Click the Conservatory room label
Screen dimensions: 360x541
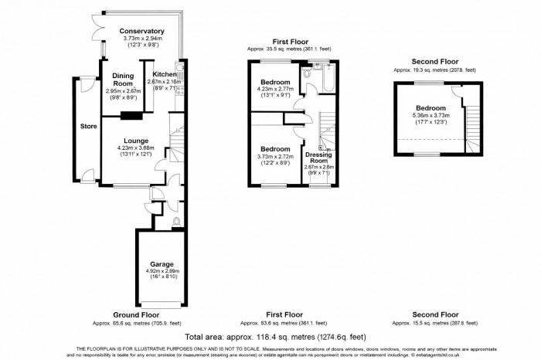click(143, 31)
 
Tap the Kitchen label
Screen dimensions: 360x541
click(164, 74)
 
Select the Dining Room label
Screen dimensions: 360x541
click(124, 79)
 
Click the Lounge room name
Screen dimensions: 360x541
click(133, 141)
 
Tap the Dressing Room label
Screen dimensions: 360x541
click(318, 158)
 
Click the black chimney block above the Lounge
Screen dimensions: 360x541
click(131, 117)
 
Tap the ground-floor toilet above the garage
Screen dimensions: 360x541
click(178, 221)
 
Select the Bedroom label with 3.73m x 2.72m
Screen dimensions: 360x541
click(275, 148)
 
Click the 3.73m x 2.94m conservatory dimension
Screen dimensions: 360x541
click(143, 39)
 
